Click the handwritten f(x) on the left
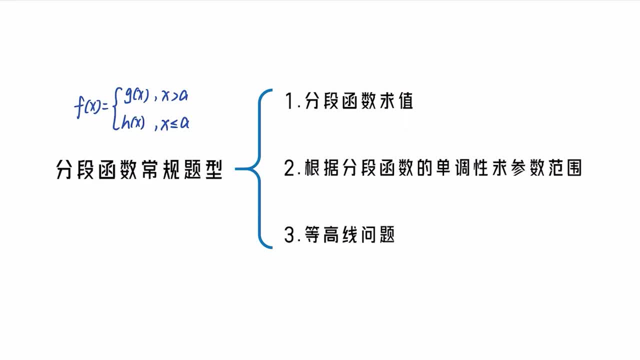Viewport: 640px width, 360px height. pyautogui.click(x=87, y=107)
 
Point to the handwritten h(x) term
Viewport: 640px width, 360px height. pyautogui.click(x=133, y=123)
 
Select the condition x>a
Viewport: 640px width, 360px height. pyautogui.click(x=174, y=95)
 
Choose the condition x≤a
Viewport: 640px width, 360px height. pyautogui.click(x=175, y=123)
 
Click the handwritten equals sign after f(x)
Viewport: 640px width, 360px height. pyautogui.click(x=105, y=107)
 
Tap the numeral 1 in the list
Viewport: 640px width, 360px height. pyautogui.click(x=289, y=101)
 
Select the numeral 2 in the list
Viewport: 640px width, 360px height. pyautogui.click(x=290, y=168)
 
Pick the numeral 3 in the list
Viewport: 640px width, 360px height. pyautogui.click(x=289, y=235)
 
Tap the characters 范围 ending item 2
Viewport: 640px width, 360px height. pyautogui.click(x=565, y=168)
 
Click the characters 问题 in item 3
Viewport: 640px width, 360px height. pyautogui.click(x=377, y=235)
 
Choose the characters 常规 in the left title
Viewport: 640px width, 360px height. pyautogui.click(x=160, y=169)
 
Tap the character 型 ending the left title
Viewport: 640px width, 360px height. pyautogui.click(x=214, y=169)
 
